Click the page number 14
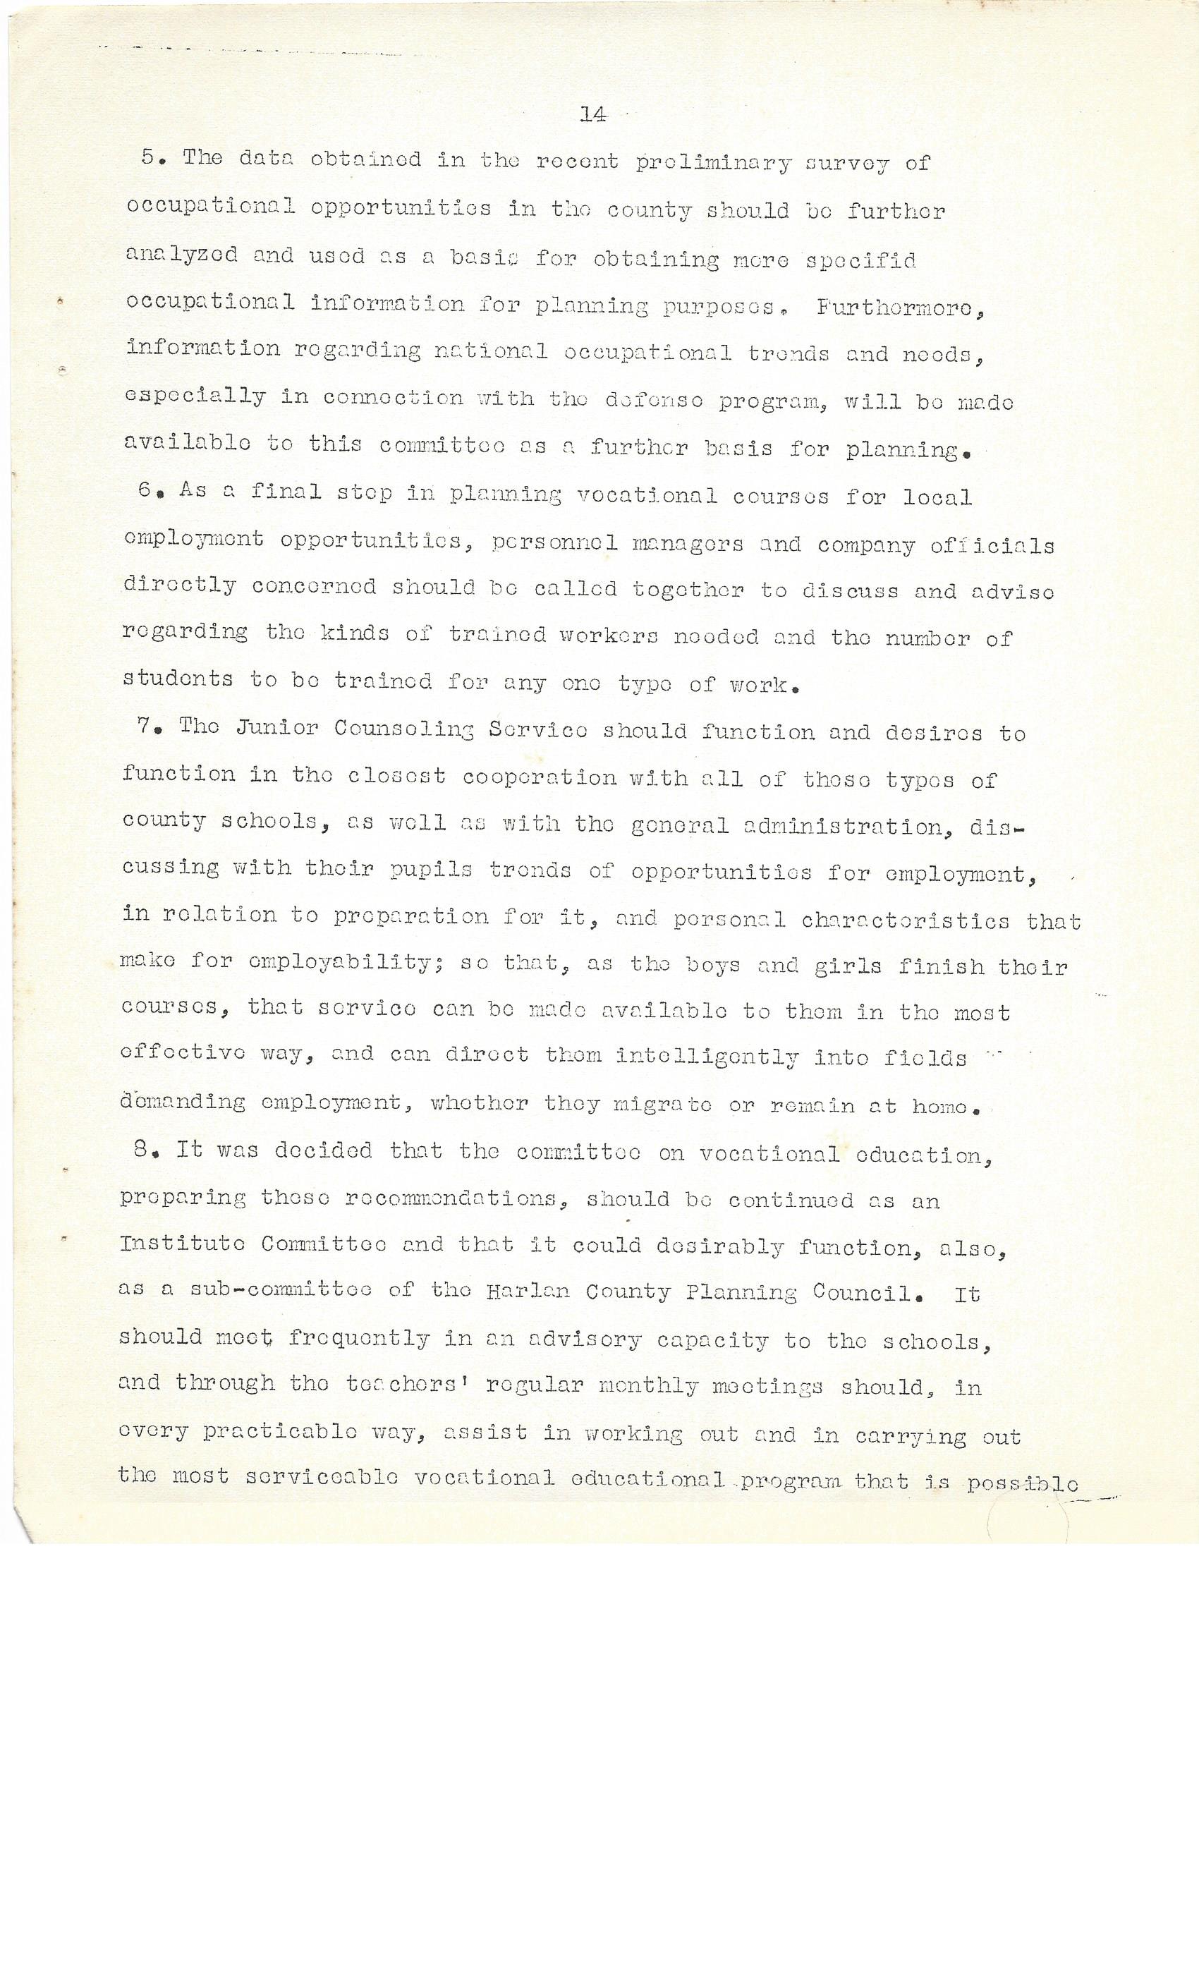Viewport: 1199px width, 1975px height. (592, 116)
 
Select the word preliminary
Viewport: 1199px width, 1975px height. (712, 164)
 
